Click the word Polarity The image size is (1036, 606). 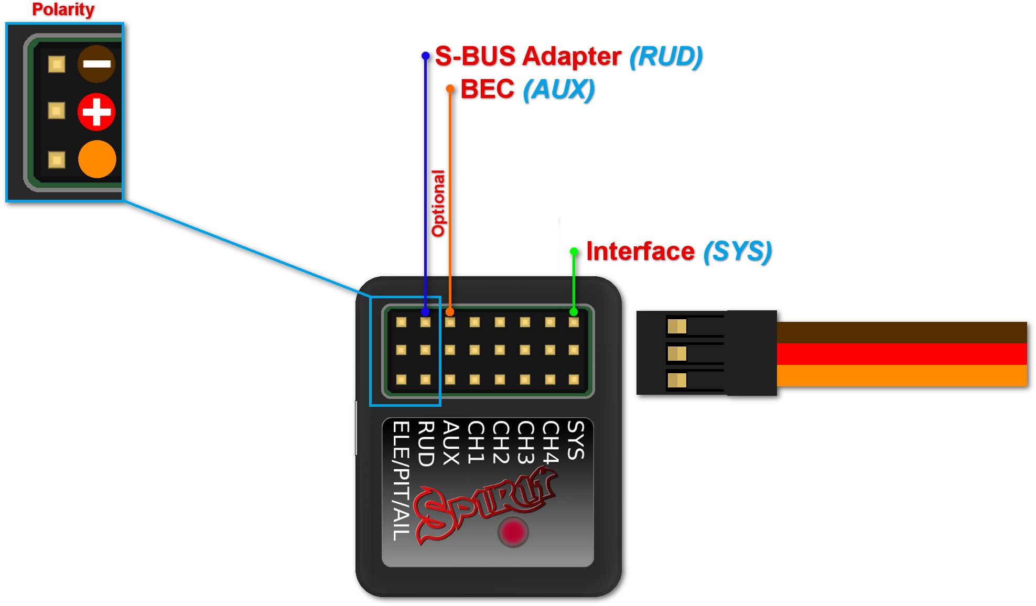[63, 10]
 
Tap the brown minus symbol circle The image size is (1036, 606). [96, 64]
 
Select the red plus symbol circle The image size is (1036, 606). [96, 112]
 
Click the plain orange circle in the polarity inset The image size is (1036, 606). [97, 159]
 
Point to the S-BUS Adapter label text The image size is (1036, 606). [528, 56]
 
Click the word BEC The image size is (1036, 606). [488, 89]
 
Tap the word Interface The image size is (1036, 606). [641, 251]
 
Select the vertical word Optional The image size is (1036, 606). [438, 203]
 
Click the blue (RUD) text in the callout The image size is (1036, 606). [666, 57]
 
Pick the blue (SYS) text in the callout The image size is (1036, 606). [738, 252]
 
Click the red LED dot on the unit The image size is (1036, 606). [513, 532]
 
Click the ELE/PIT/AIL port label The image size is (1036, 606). [401, 481]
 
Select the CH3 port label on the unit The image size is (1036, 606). [525, 442]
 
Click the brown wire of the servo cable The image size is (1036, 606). [902, 333]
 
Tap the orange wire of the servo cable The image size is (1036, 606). [902, 376]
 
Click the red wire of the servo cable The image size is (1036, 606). [902, 354]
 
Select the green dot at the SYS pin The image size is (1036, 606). [574, 312]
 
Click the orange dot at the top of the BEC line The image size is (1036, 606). [450, 89]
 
